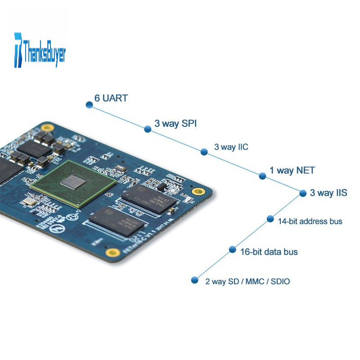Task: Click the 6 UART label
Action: pyautogui.click(x=111, y=98)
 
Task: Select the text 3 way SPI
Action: pyautogui.click(x=175, y=123)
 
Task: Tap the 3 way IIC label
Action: pyautogui.click(x=231, y=147)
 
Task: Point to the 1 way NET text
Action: pyautogui.click(x=292, y=171)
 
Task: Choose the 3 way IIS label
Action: pyautogui.click(x=328, y=193)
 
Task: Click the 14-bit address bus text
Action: pyautogui.click(x=310, y=221)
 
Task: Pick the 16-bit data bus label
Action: pyautogui.click(x=269, y=252)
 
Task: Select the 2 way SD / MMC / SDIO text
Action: pyautogui.click(x=247, y=282)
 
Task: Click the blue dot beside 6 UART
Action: pyautogui.click(x=89, y=105)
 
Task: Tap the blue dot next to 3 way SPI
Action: pyautogui.click(x=148, y=129)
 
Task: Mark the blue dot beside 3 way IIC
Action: pyautogui.click(x=204, y=152)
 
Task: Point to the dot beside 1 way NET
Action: pyautogui.click(x=262, y=176)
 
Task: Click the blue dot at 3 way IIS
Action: pyautogui.click(x=303, y=193)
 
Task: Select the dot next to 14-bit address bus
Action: pyautogui.click(x=270, y=219)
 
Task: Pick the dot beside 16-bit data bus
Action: pyautogui.click(x=232, y=249)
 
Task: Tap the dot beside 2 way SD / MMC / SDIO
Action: pyautogui.click(x=194, y=280)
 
